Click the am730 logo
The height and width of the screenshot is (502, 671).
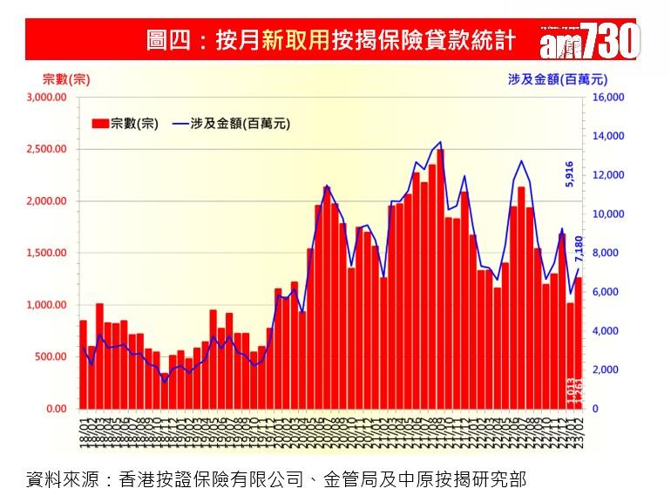(x=590, y=39)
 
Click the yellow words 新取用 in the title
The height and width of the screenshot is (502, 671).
(x=295, y=41)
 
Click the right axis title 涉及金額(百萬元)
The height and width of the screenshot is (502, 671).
(x=553, y=79)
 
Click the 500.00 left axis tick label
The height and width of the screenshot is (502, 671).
(x=51, y=356)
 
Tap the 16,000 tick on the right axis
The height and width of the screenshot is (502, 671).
(x=608, y=98)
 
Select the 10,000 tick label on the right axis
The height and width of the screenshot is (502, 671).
(x=608, y=214)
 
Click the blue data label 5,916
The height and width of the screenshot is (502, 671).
(x=570, y=174)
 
